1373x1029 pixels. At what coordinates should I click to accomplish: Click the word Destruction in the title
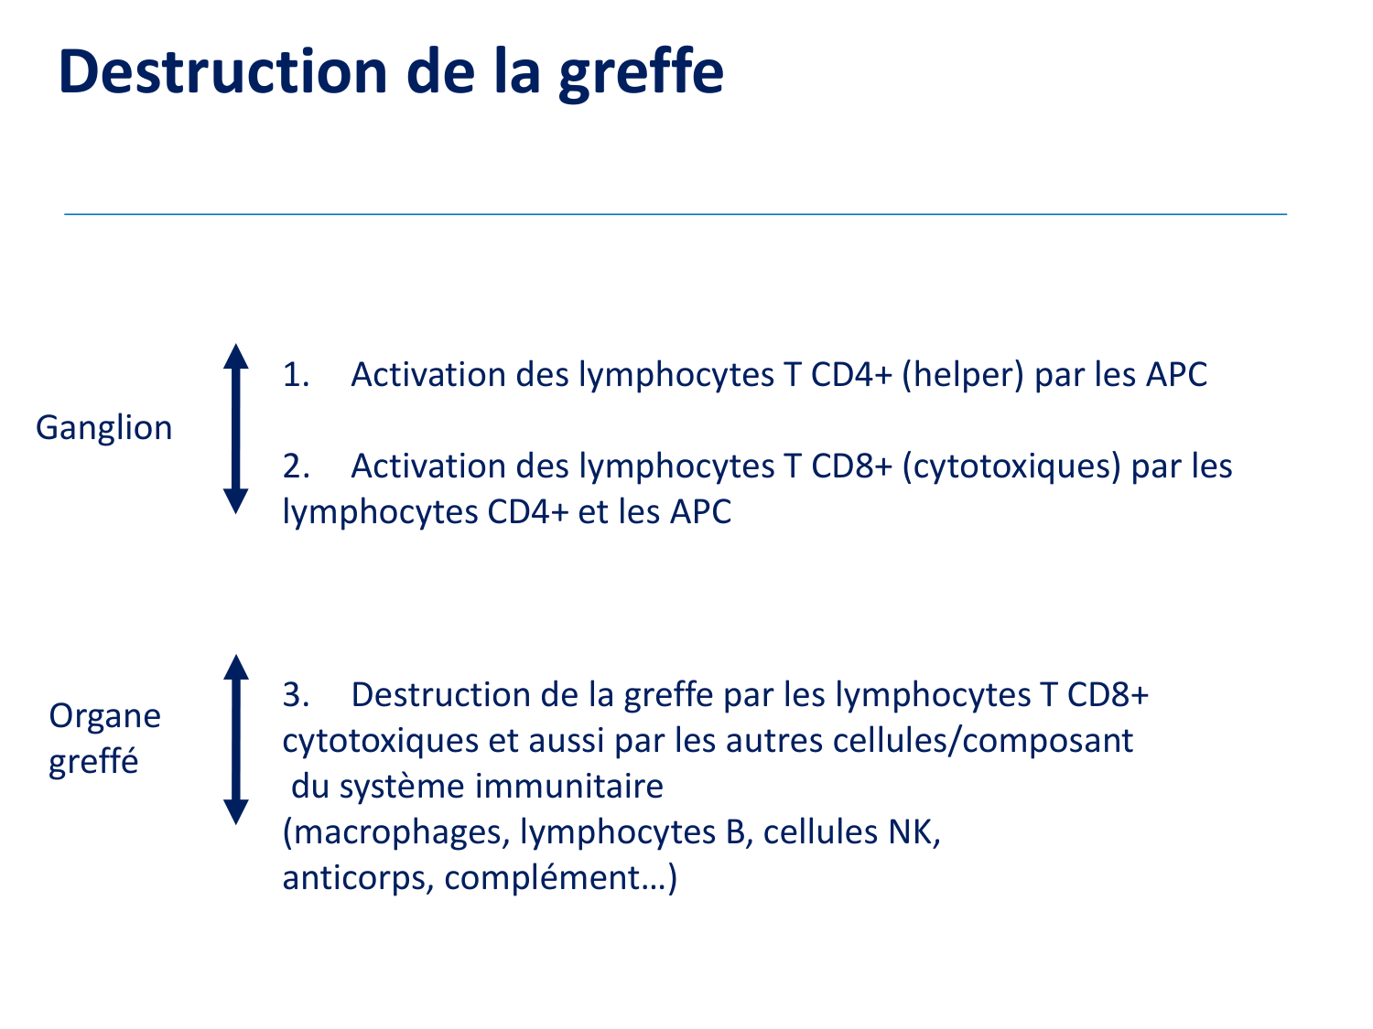222,71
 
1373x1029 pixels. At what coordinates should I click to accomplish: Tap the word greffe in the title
641,74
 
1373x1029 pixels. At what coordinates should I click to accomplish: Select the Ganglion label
103,429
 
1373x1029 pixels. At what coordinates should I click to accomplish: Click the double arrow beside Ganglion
236,429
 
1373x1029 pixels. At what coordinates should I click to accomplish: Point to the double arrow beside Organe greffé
236,739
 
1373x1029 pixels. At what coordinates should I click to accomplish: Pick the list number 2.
296,466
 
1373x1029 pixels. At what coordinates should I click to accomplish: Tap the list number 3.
296,695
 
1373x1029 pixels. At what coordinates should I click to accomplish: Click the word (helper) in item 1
963,376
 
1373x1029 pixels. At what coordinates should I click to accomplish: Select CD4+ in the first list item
851,375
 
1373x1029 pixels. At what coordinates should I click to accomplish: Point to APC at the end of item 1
1176,375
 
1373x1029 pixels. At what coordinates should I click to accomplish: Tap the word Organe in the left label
105,716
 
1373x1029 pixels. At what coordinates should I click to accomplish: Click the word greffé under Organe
93,762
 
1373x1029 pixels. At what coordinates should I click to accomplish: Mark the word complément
542,878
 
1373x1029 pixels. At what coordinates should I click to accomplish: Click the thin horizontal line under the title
676,214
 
